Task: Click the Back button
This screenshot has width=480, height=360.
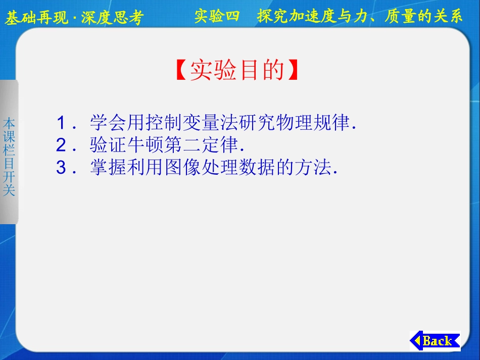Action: pos(435,341)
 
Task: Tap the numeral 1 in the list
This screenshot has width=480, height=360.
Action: pos(61,123)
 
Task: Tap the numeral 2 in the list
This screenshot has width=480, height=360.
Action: pos(61,145)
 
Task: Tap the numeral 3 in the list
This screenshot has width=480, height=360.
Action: pos(61,168)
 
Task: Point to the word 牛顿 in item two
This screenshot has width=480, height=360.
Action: pos(145,145)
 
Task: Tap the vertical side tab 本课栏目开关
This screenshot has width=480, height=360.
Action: pos(9,157)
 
